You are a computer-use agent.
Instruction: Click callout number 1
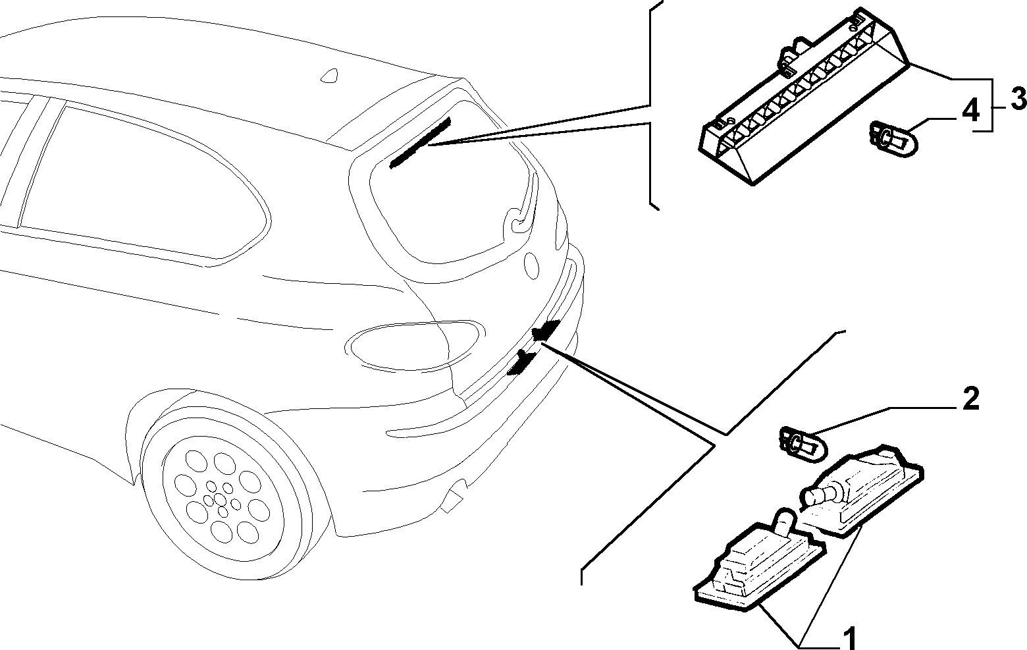coord(848,637)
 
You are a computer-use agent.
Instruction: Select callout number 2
coord(970,398)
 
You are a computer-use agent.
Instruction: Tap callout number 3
coord(1017,99)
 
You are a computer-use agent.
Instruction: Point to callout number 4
coord(970,111)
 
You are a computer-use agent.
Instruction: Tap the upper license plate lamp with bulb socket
coord(861,491)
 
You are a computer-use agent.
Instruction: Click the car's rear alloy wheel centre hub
coord(219,500)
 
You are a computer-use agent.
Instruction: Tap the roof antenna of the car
coord(330,76)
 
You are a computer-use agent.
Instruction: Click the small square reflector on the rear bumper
coord(451,502)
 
